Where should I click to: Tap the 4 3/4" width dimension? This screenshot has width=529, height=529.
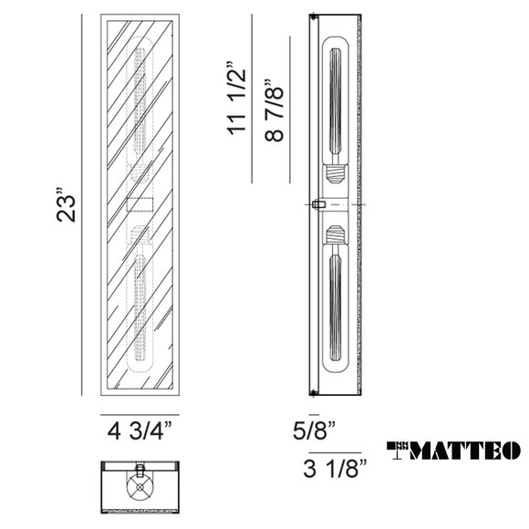point(140,430)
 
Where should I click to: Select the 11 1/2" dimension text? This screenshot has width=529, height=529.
point(236,99)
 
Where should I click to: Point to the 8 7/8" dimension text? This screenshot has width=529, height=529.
point(274,110)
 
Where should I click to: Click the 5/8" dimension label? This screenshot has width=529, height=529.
point(314,430)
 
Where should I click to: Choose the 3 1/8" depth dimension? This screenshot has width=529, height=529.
point(335,468)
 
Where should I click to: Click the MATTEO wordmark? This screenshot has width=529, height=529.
point(464,451)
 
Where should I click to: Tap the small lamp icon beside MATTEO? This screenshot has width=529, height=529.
point(398,451)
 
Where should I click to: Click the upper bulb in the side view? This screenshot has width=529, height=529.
point(335,100)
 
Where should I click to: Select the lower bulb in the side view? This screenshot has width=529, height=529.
point(335,307)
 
